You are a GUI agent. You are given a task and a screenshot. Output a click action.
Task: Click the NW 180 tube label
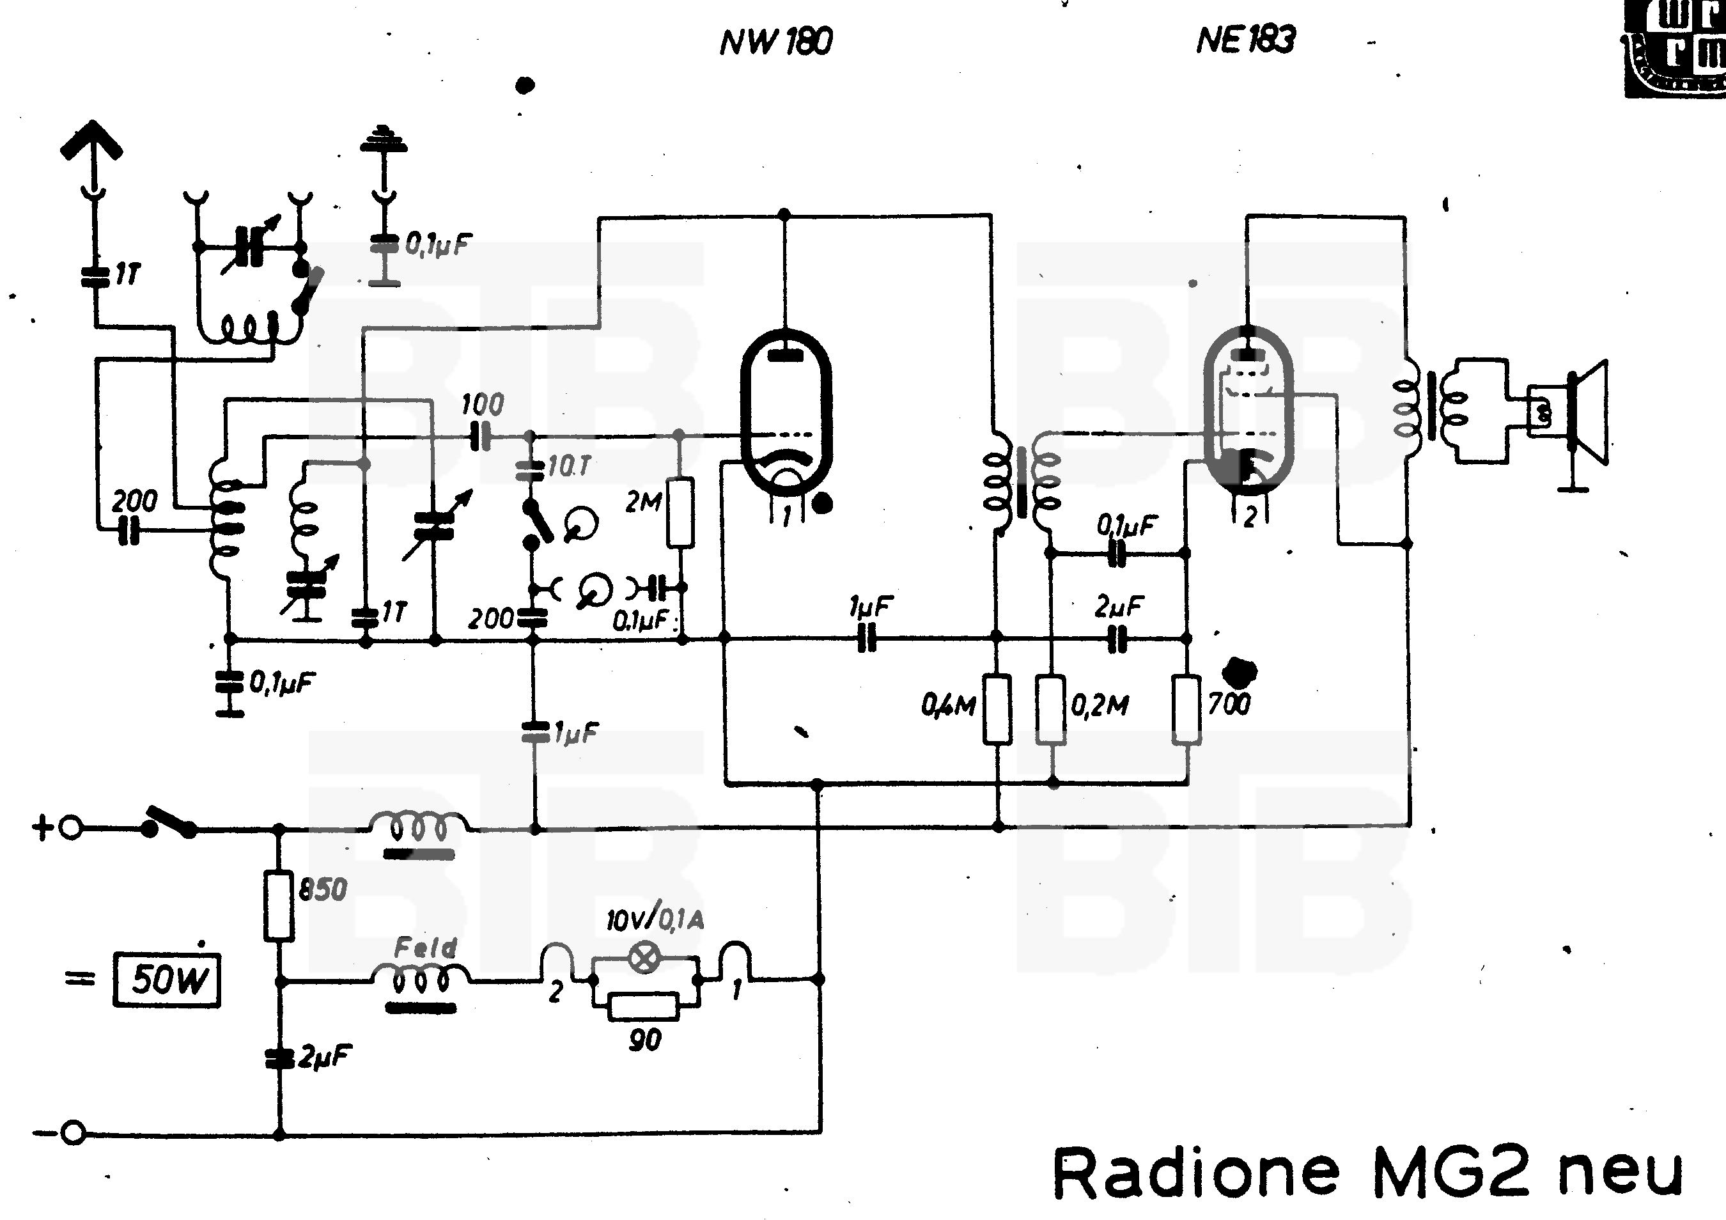click(776, 42)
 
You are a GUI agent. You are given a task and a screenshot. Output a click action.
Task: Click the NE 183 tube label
click(1246, 40)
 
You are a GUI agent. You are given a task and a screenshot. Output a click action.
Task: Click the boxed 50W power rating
click(167, 980)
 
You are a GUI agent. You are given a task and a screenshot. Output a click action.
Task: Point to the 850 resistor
click(279, 905)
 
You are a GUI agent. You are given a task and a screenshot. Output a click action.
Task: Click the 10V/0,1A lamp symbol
click(644, 958)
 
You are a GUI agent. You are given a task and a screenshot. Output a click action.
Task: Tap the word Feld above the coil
click(426, 947)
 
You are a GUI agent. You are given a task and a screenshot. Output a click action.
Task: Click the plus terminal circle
click(71, 829)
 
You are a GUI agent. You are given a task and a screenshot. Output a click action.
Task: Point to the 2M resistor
click(680, 511)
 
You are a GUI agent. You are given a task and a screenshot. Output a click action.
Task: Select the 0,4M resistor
click(997, 709)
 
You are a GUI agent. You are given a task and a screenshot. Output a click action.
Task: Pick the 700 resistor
click(1186, 709)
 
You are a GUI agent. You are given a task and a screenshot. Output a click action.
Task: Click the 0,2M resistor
click(1051, 709)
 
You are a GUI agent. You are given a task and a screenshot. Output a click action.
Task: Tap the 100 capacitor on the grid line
click(480, 436)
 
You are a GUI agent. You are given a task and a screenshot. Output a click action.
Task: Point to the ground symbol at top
click(384, 140)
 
